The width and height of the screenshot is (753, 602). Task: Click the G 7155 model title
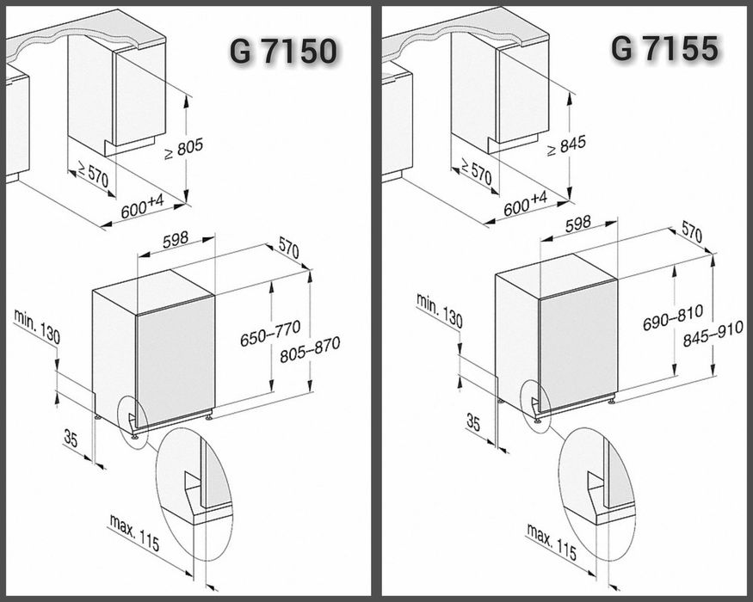(x=664, y=49)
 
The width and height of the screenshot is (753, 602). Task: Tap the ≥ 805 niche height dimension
(x=185, y=149)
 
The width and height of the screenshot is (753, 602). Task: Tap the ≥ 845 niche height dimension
(x=567, y=144)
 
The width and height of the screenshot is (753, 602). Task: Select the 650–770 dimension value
(x=269, y=327)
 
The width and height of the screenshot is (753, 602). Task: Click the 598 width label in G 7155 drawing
(x=577, y=222)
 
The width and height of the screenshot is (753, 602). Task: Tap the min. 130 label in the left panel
(x=37, y=326)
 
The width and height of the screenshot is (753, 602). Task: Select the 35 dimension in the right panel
(x=473, y=421)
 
